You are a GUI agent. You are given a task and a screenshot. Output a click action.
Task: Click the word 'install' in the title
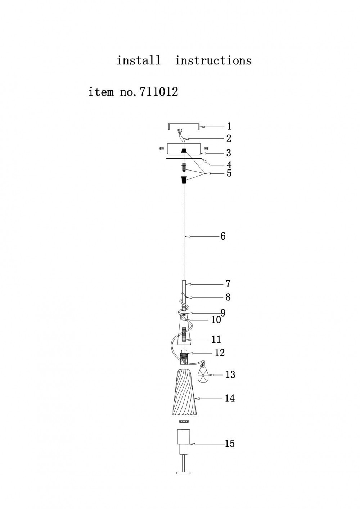click(139, 61)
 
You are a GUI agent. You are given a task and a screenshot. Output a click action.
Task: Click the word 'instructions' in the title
click(213, 61)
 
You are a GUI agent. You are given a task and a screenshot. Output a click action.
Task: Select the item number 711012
click(159, 92)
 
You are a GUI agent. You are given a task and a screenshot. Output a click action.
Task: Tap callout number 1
click(229, 126)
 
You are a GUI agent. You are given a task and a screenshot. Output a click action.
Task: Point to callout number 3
click(229, 153)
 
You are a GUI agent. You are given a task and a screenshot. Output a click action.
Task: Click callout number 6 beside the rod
click(223, 236)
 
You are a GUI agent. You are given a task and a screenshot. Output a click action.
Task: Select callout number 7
click(228, 284)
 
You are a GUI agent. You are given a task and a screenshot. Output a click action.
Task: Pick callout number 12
click(220, 353)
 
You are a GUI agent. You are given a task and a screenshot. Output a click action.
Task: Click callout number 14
click(230, 398)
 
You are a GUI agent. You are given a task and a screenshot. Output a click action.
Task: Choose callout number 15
click(230, 443)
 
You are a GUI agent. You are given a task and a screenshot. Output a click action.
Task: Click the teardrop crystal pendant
click(203, 374)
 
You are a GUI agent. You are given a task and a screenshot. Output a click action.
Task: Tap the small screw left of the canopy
click(162, 148)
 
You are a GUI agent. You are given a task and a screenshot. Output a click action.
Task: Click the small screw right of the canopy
click(206, 148)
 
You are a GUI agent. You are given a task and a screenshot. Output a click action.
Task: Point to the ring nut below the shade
click(184, 421)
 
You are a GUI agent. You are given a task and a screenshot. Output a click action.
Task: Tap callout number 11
click(216, 339)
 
